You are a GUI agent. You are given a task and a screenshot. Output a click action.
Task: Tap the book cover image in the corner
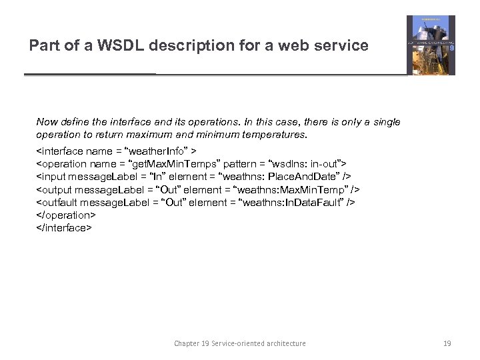coord(431,45)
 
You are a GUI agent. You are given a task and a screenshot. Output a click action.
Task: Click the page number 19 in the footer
coord(447,343)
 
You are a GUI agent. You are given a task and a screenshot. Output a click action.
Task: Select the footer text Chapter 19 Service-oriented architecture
coord(240,343)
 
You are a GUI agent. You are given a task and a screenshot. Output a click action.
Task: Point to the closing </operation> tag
coord(66,215)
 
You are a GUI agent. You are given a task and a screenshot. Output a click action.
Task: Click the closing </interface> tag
coord(63,227)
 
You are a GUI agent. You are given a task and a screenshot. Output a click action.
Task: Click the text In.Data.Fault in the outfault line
coord(314,202)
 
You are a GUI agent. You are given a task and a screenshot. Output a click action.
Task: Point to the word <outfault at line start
coord(56,202)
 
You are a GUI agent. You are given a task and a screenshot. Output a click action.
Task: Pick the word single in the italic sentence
coord(386,122)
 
